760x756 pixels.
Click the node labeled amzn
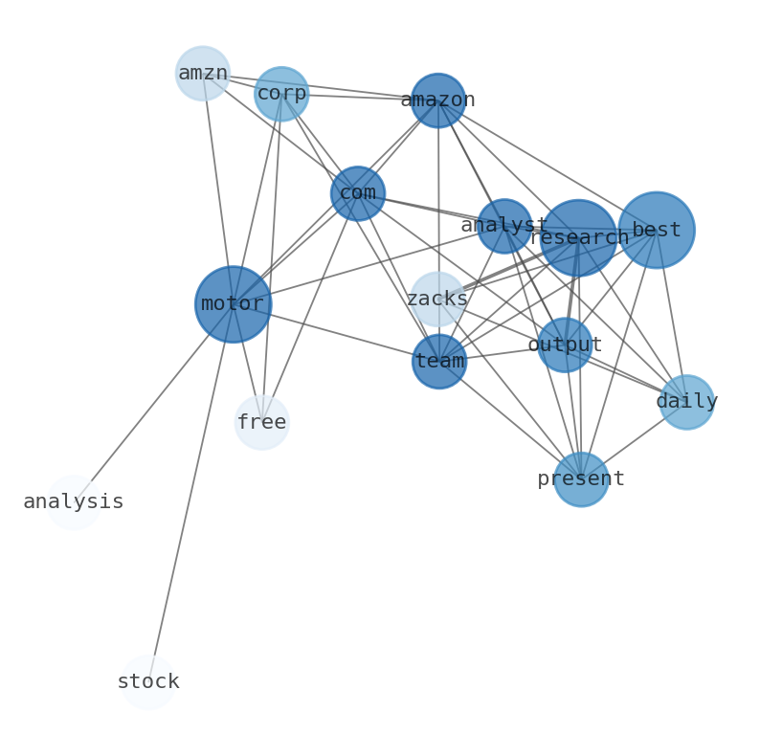(x=203, y=73)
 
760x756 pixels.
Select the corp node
(x=281, y=94)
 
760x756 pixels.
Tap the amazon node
(x=438, y=100)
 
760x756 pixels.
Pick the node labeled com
(x=358, y=193)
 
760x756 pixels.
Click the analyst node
(x=504, y=226)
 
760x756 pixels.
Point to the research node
(x=578, y=237)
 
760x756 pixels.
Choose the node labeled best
(x=657, y=230)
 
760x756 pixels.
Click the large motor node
(x=233, y=304)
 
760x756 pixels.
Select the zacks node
(x=437, y=300)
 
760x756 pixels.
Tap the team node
(x=439, y=362)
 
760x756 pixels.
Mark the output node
(x=565, y=345)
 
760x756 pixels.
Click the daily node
(x=687, y=402)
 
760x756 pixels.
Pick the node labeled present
(x=581, y=478)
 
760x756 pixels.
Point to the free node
(x=261, y=422)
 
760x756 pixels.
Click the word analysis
(x=74, y=501)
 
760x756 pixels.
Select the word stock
(x=148, y=682)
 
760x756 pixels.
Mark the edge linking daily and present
(x=635, y=440)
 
